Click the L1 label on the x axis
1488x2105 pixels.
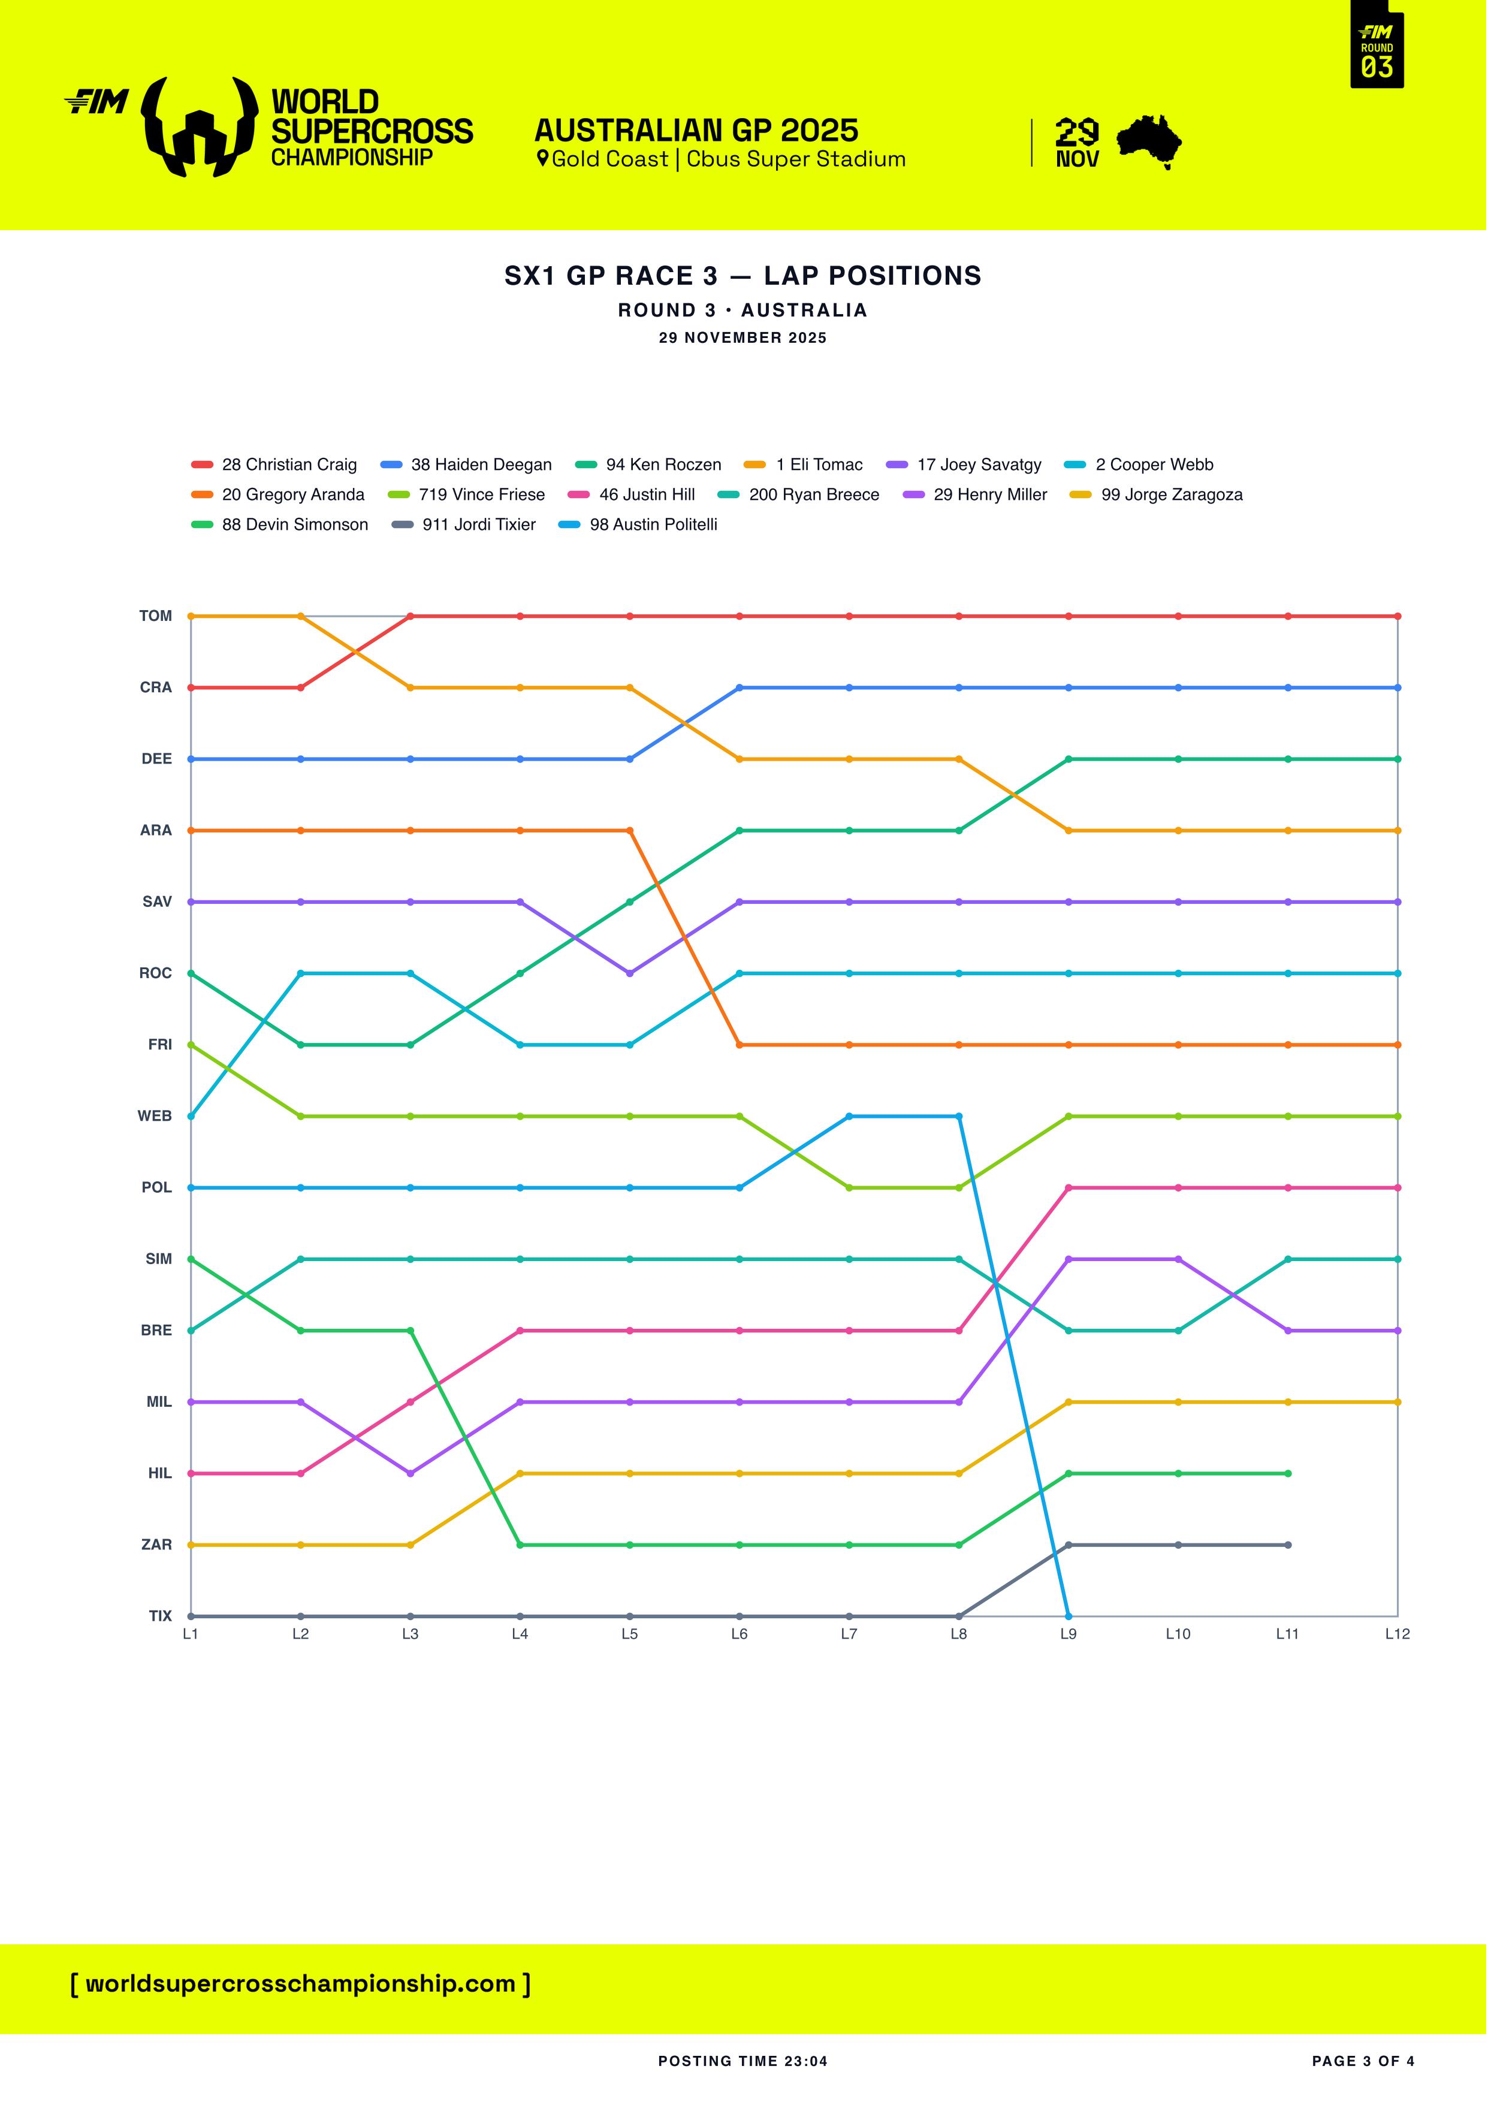click(x=191, y=1634)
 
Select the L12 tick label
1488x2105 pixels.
click(x=1398, y=1634)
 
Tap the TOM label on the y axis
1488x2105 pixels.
click(x=156, y=616)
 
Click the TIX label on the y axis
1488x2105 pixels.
click(x=161, y=1617)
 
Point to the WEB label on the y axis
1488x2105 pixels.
click(x=155, y=1116)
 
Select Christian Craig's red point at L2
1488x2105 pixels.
click(x=301, y=687)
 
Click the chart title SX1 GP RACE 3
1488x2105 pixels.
click(x=743, y=276)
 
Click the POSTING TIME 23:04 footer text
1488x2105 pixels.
click(x=743, y=2061)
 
